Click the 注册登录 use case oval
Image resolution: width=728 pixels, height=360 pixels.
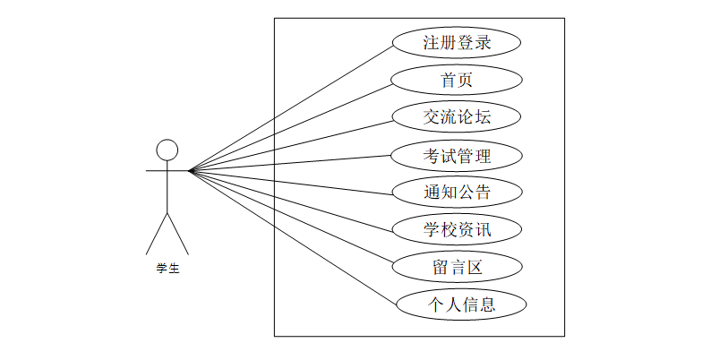[457, 42]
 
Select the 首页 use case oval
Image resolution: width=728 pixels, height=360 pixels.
[457, 80]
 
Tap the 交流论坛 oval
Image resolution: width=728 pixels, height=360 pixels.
[457, 117]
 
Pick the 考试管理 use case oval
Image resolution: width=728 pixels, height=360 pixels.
[457, 155]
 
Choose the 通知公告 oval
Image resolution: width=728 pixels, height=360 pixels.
[457, 192]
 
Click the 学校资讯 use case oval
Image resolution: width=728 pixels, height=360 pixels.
[457, 229]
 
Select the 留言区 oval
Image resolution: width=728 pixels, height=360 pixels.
[457, 267]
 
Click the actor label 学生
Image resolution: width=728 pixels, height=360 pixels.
[167, 267]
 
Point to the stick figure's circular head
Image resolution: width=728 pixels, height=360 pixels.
[167, 150]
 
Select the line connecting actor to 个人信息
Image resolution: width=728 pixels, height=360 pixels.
[293, 237]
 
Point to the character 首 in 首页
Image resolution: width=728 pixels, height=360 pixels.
[449, 80]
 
